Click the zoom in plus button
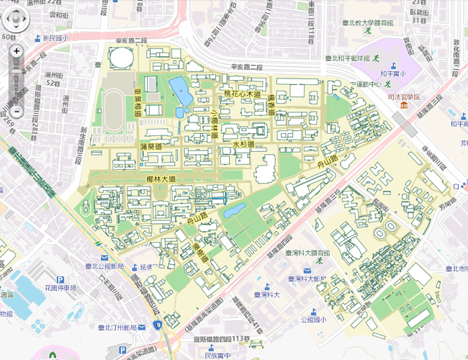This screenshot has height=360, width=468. click(x=17, y=52)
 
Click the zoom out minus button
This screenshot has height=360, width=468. click(x=17, y=112)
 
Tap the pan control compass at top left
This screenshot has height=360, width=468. click(x=17, y=19)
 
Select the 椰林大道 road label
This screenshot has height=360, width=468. click(x=160, y=179)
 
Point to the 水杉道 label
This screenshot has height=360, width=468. click(x=246, y=145)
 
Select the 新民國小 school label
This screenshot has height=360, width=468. click(x=54, y=38)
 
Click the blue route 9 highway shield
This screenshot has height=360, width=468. click(x=157, y=325)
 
